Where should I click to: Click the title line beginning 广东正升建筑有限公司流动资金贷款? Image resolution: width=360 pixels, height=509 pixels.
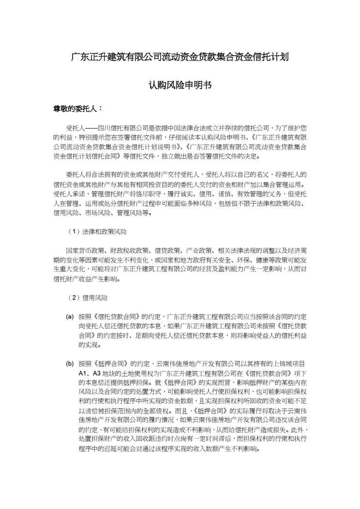[x=180, y=57]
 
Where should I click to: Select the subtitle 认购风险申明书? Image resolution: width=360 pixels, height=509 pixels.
[x=180, y=84]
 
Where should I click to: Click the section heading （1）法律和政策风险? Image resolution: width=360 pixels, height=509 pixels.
[x=97, y=232]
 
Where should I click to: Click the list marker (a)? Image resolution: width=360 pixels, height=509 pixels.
[x=70, y=316]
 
